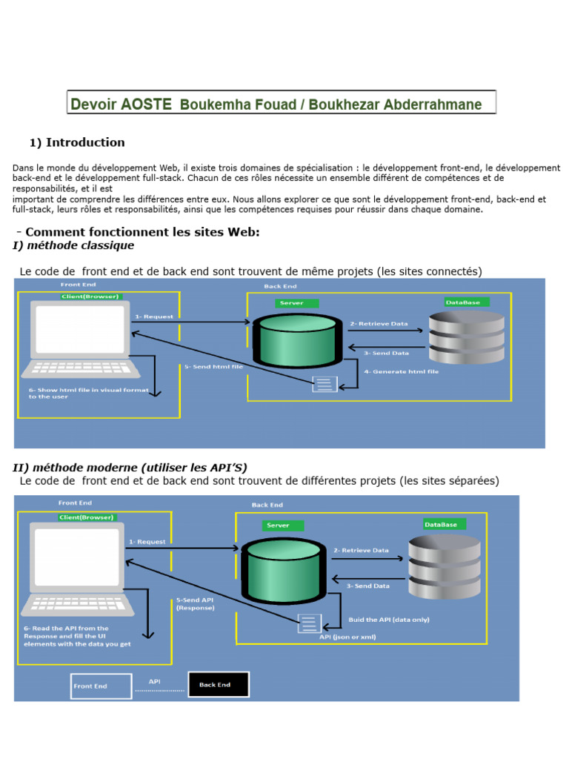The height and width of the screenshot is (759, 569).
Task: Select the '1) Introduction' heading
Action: tap(77, 142)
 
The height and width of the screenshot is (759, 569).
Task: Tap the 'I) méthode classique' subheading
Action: tap(73, 245)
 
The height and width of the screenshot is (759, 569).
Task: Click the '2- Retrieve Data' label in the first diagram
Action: tap(379, 323)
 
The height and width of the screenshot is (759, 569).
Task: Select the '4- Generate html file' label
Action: tap(401, 371)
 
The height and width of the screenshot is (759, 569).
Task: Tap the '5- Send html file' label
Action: tap(213, 366)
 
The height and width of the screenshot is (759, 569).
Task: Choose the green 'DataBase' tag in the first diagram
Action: tap(462, 302)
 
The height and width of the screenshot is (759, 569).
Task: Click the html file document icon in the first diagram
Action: tap(325, 384)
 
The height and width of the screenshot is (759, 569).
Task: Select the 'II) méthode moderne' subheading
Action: tap(130, 468)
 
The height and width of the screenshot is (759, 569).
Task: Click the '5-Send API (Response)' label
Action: tap(195, 603)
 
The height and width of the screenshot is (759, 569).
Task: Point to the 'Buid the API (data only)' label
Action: tap(389, 619)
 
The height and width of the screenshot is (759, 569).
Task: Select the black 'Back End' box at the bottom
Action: tap(219, 685)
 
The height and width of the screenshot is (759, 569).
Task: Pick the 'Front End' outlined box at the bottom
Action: tap(101, 686)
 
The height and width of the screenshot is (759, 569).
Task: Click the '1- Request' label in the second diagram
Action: tap(148, 542)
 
